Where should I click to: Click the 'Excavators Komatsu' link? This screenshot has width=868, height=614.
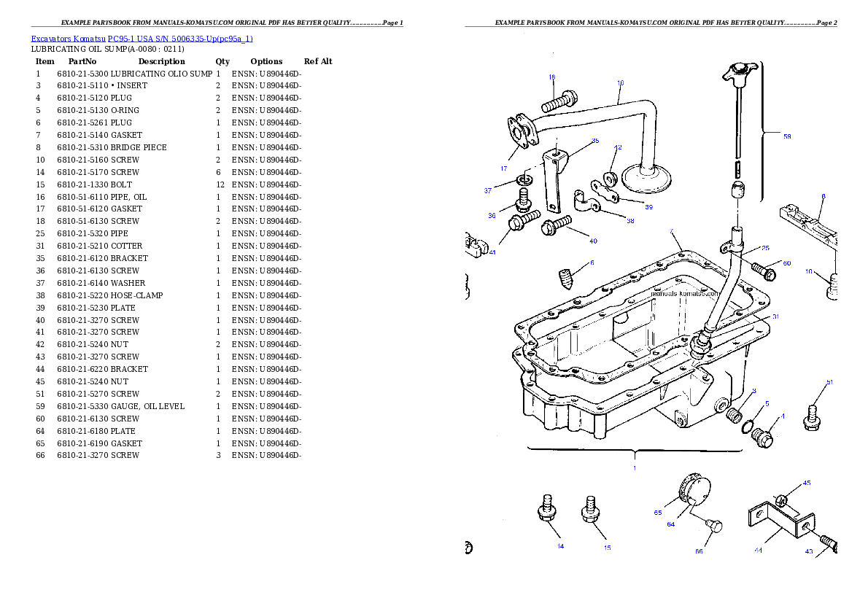68,39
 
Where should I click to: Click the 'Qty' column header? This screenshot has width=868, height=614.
222,61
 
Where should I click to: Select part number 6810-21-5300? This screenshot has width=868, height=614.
82,74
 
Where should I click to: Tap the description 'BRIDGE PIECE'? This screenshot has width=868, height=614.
139,147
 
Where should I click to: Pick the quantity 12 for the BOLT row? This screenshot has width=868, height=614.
220,184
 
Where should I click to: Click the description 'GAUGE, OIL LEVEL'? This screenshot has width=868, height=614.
148,406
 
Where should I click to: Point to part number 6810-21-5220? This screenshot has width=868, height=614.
82,295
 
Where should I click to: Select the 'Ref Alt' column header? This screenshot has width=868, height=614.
318,61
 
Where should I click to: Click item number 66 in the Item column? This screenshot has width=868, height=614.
40,456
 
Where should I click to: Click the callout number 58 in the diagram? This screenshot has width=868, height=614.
787,136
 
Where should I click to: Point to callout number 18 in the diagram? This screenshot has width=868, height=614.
552,77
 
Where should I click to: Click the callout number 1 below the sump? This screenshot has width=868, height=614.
635,468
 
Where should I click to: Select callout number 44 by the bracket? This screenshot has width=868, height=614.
758,551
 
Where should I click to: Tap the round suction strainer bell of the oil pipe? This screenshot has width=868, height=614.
646,178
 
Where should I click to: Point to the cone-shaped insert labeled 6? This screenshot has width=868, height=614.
565,279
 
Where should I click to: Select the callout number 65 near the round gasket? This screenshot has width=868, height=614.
658,513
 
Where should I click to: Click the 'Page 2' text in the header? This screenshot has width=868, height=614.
827,23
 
